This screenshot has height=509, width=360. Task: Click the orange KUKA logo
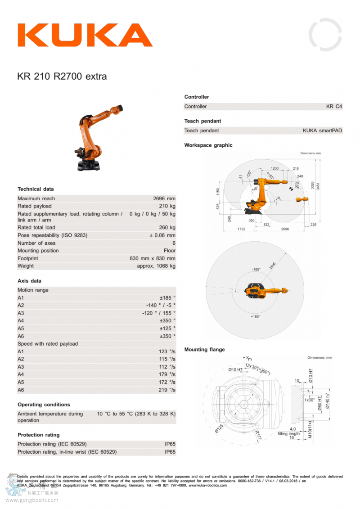(85, 35)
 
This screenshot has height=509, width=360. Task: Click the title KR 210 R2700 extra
(62, 77)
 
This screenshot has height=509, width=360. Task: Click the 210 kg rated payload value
(167, 206)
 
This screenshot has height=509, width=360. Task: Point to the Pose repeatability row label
(52, 235)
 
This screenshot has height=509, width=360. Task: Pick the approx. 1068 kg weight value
(156, 266)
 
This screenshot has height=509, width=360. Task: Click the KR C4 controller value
(334, 107)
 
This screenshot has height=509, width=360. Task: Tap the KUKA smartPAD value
(322, 131)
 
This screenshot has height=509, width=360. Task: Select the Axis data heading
(29, 281)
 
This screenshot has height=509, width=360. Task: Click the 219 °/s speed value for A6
(167, 390)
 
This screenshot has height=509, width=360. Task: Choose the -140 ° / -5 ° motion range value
(161, 306)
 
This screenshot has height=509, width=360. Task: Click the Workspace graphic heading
(208, 145)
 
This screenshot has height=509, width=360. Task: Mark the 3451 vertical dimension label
(318, 185)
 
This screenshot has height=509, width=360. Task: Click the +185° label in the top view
(255, 317)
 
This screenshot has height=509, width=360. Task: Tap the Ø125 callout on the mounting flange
(219, 427)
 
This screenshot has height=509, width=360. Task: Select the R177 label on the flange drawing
(257, 435)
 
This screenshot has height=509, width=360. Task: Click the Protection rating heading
(39, 435)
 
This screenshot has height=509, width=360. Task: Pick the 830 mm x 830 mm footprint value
(153, 258)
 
